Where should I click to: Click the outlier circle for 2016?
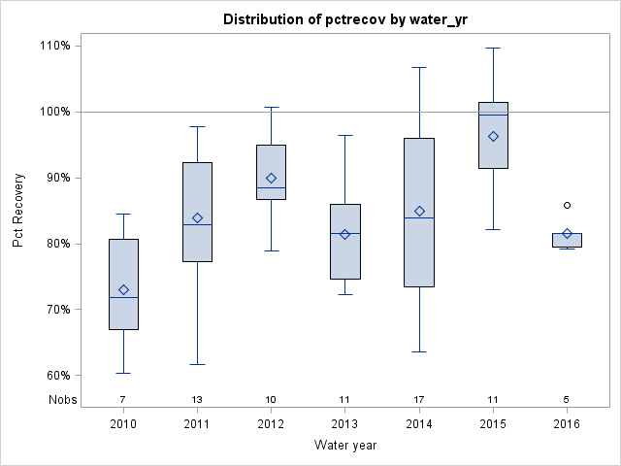[x=568, y=205]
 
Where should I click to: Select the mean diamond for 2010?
[x=123, y=289]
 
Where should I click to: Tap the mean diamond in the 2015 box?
[x=493, y=136]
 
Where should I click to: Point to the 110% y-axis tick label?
[x=55, y=46]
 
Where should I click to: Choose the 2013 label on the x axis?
[x=345, y=424]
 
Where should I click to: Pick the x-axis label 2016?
[x=568, y=424]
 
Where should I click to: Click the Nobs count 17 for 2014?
[x=419, y=399]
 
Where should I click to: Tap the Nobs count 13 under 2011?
[x=197, y=399]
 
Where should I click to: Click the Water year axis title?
[x=345, y=446]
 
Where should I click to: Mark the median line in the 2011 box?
[x=197, y=224]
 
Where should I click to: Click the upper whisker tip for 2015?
[x=493, y=48]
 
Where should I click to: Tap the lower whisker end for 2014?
[x=419, y=351]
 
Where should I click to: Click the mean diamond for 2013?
[x=345, y=234]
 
